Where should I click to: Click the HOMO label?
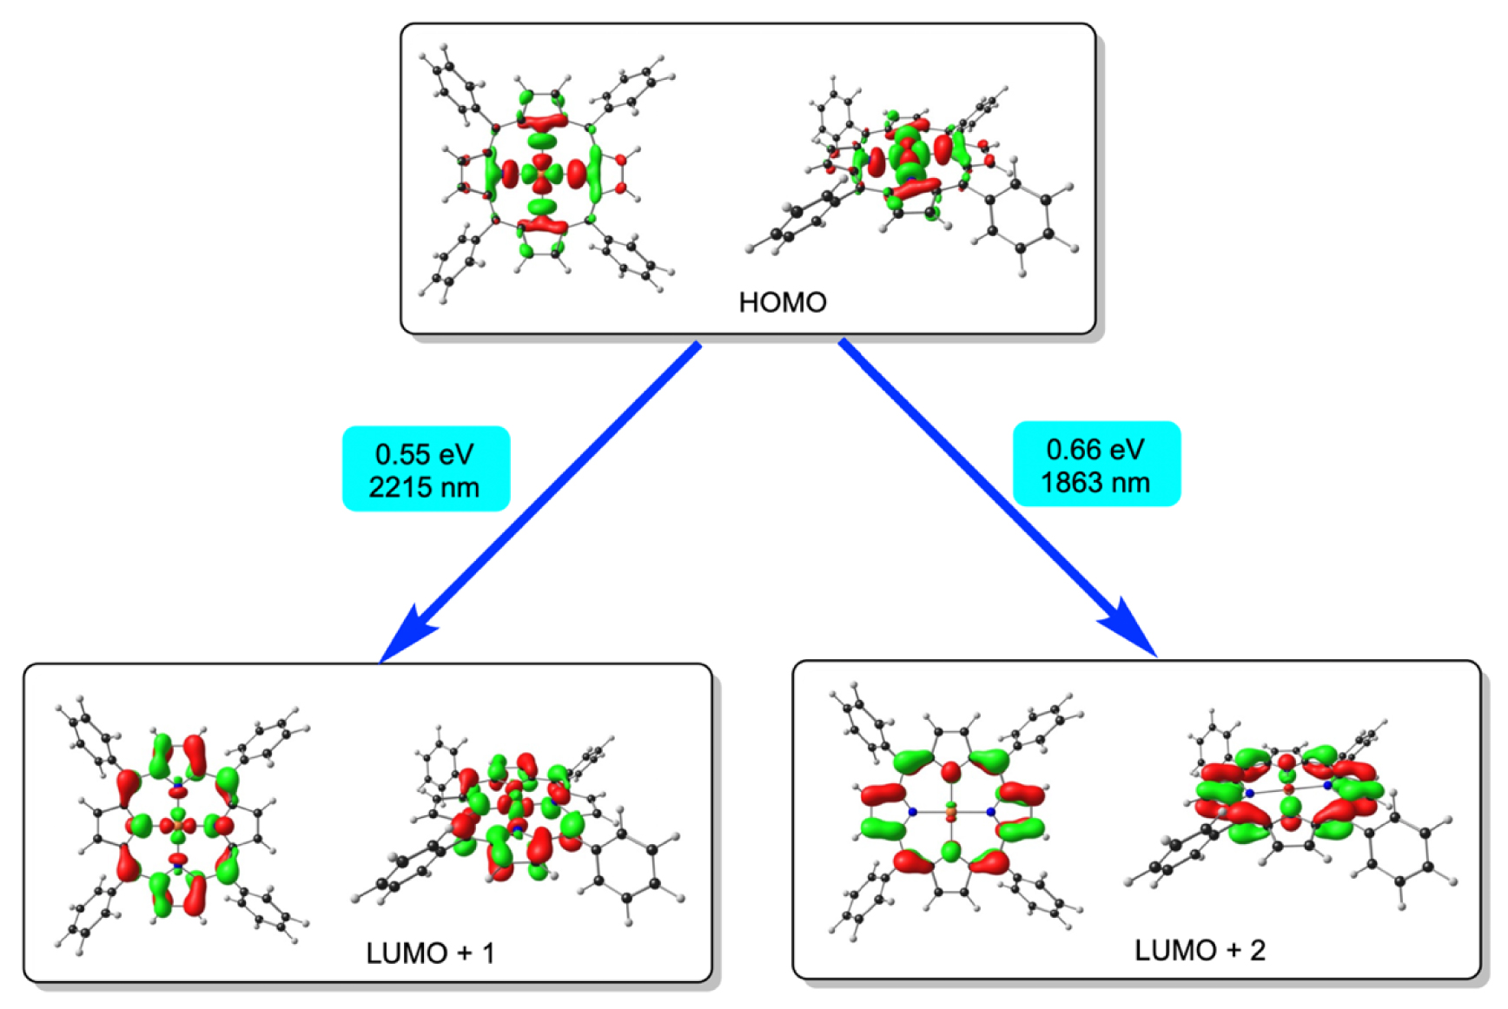tap(782, 302)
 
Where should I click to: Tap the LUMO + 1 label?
tap(430, 953)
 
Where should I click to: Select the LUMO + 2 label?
tap(1200, 950)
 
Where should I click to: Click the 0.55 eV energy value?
tap(425, 453)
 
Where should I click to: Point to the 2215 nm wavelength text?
tap(425, 487)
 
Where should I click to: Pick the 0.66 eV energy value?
tap(1095, 449)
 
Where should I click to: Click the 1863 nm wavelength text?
tap(1095, 483)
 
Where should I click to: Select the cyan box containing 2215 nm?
tap(426, 469)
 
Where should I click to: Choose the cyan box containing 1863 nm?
tap(1096, 465)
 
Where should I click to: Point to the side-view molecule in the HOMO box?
tap(912, 174)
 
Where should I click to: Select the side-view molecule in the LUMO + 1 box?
tap(517, 821)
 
